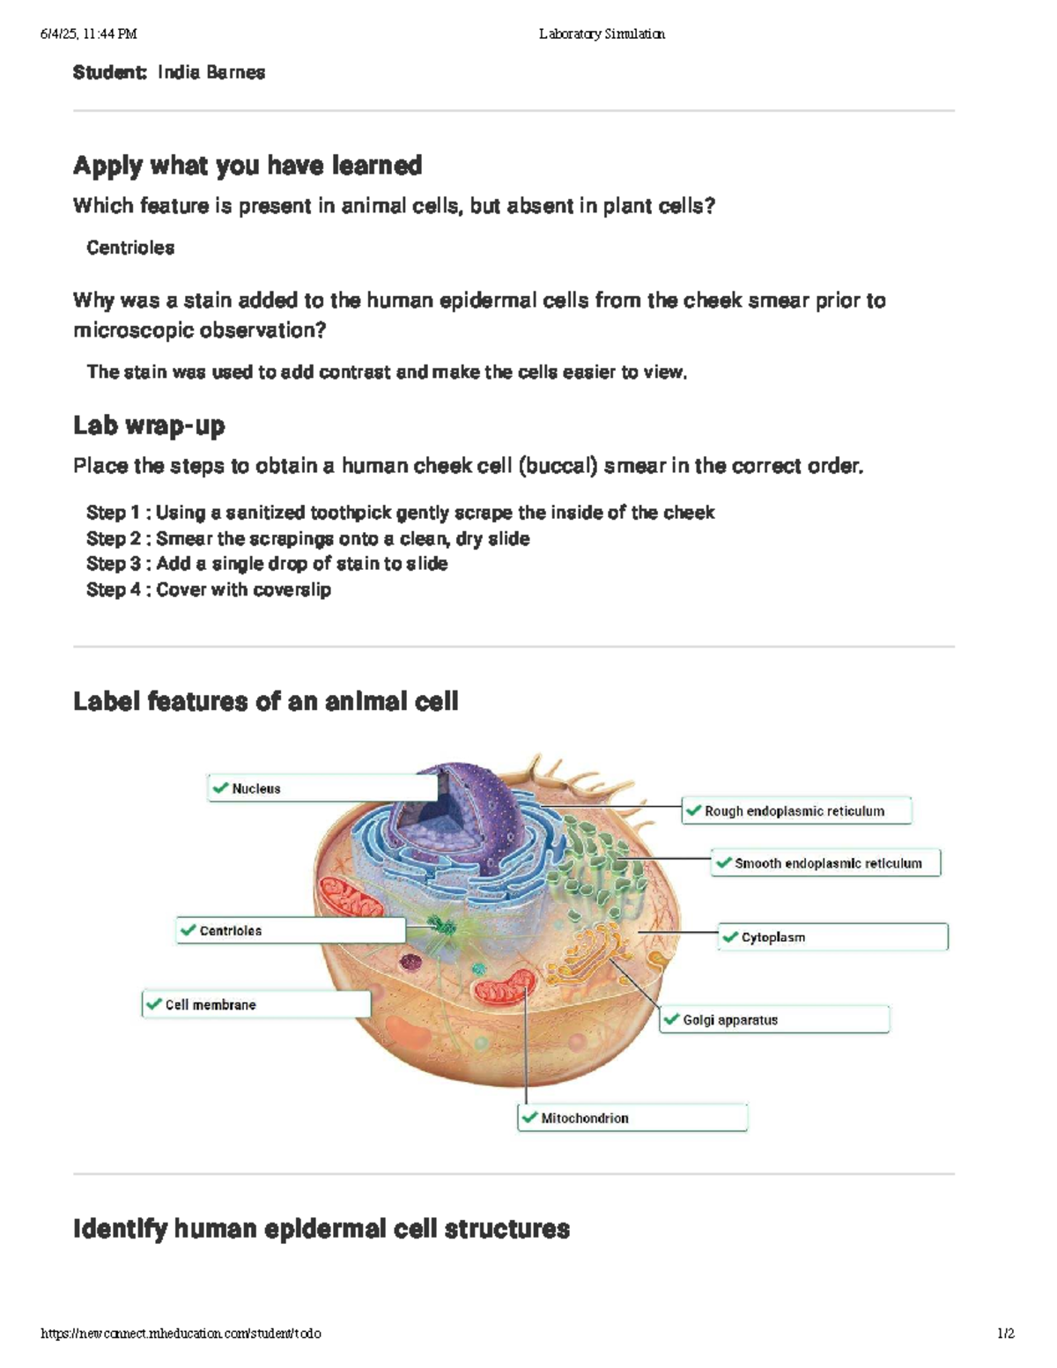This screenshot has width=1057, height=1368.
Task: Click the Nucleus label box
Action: point(322,788)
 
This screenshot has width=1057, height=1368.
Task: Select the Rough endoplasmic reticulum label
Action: point(796,811)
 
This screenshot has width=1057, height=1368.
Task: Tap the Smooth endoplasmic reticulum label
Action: point(826,863)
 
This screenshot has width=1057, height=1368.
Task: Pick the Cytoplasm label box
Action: point(833,937)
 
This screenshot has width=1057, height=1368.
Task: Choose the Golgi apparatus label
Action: point(775,1020)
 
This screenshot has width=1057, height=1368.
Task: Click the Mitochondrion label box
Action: point(632,1118)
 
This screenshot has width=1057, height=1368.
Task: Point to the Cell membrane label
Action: point(256,1004)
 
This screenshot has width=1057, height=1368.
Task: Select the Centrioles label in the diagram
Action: point(291,930)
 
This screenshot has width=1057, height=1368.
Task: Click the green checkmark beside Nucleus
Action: point(220,788)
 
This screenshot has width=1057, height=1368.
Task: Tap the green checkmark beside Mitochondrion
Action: point(529,1117)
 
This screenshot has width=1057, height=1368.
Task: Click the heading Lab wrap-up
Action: point(149,425)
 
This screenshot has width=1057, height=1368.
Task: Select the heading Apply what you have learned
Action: point(248,166)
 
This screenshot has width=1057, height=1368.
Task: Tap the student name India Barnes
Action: point(211,72)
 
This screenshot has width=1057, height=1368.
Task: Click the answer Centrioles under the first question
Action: point(130,248)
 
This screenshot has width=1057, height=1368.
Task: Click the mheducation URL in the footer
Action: point(181,1334)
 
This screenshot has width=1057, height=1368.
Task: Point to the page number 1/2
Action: point(1005,1334)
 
